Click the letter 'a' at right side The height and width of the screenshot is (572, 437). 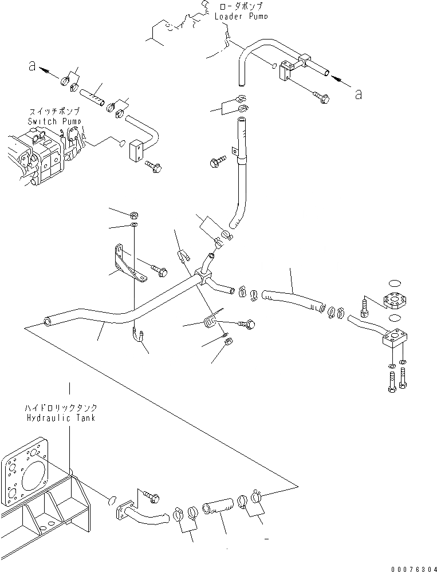tap(358, 94)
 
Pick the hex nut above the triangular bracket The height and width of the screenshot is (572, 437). tap(132, 216)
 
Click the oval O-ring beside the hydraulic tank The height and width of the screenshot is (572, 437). tap(111, 502)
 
